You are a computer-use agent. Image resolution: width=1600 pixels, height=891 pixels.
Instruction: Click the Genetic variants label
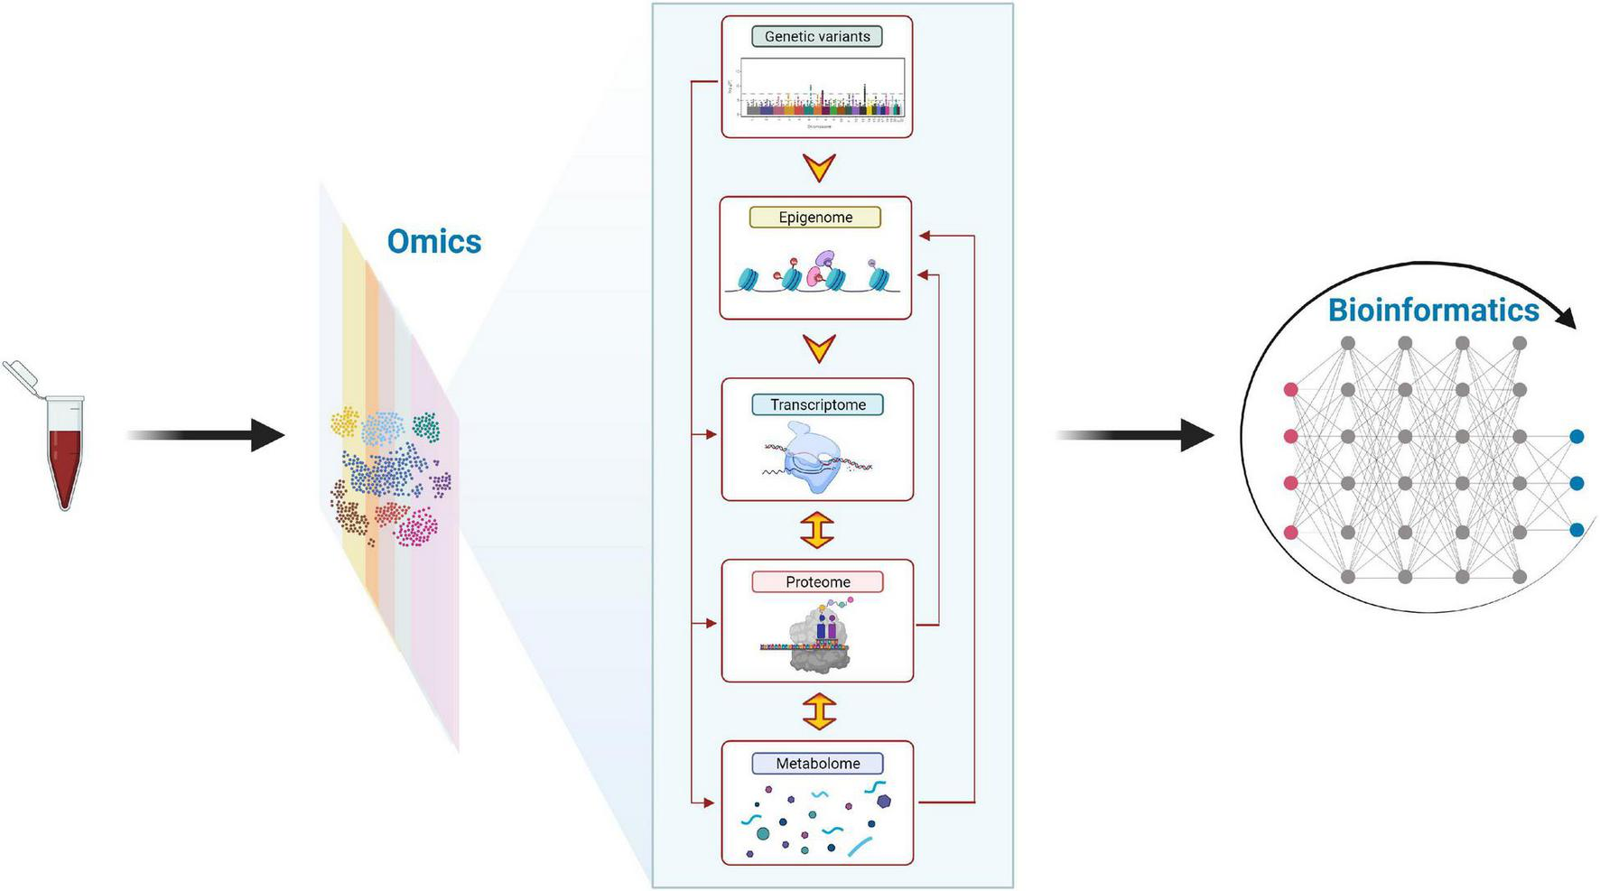[x=816, y=37]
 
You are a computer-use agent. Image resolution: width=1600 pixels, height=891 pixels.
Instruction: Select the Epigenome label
[x=814, y=218]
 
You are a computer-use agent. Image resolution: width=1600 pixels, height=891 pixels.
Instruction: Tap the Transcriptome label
[x=817, y=404]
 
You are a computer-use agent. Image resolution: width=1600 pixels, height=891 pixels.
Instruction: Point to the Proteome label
[x=817, y=582]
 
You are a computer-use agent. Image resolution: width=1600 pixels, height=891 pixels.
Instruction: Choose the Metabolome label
[x=817, y=764]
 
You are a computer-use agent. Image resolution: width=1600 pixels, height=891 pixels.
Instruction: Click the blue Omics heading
[x=433, y=241]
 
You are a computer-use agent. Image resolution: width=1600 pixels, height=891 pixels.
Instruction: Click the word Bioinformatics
[x=1432, y=310]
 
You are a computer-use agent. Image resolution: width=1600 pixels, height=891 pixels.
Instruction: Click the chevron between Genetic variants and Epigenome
[x=818, y=167]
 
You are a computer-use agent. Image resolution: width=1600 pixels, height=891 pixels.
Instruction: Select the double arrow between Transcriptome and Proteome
[x=817, y=530]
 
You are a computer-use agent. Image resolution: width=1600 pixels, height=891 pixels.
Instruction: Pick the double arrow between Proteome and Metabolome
[x=818, y=711]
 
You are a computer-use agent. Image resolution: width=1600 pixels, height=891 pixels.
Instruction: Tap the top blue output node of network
[x=1577, y=437]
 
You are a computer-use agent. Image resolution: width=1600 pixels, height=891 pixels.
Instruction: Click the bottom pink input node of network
[x=1290, y=533]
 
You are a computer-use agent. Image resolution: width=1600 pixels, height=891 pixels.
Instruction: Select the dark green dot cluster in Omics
[x=426, y=427]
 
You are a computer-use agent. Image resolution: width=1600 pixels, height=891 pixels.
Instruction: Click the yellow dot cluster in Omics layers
[x=345, y=422]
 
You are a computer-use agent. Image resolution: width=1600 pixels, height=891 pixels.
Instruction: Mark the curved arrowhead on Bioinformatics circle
[x=1567, y=317]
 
